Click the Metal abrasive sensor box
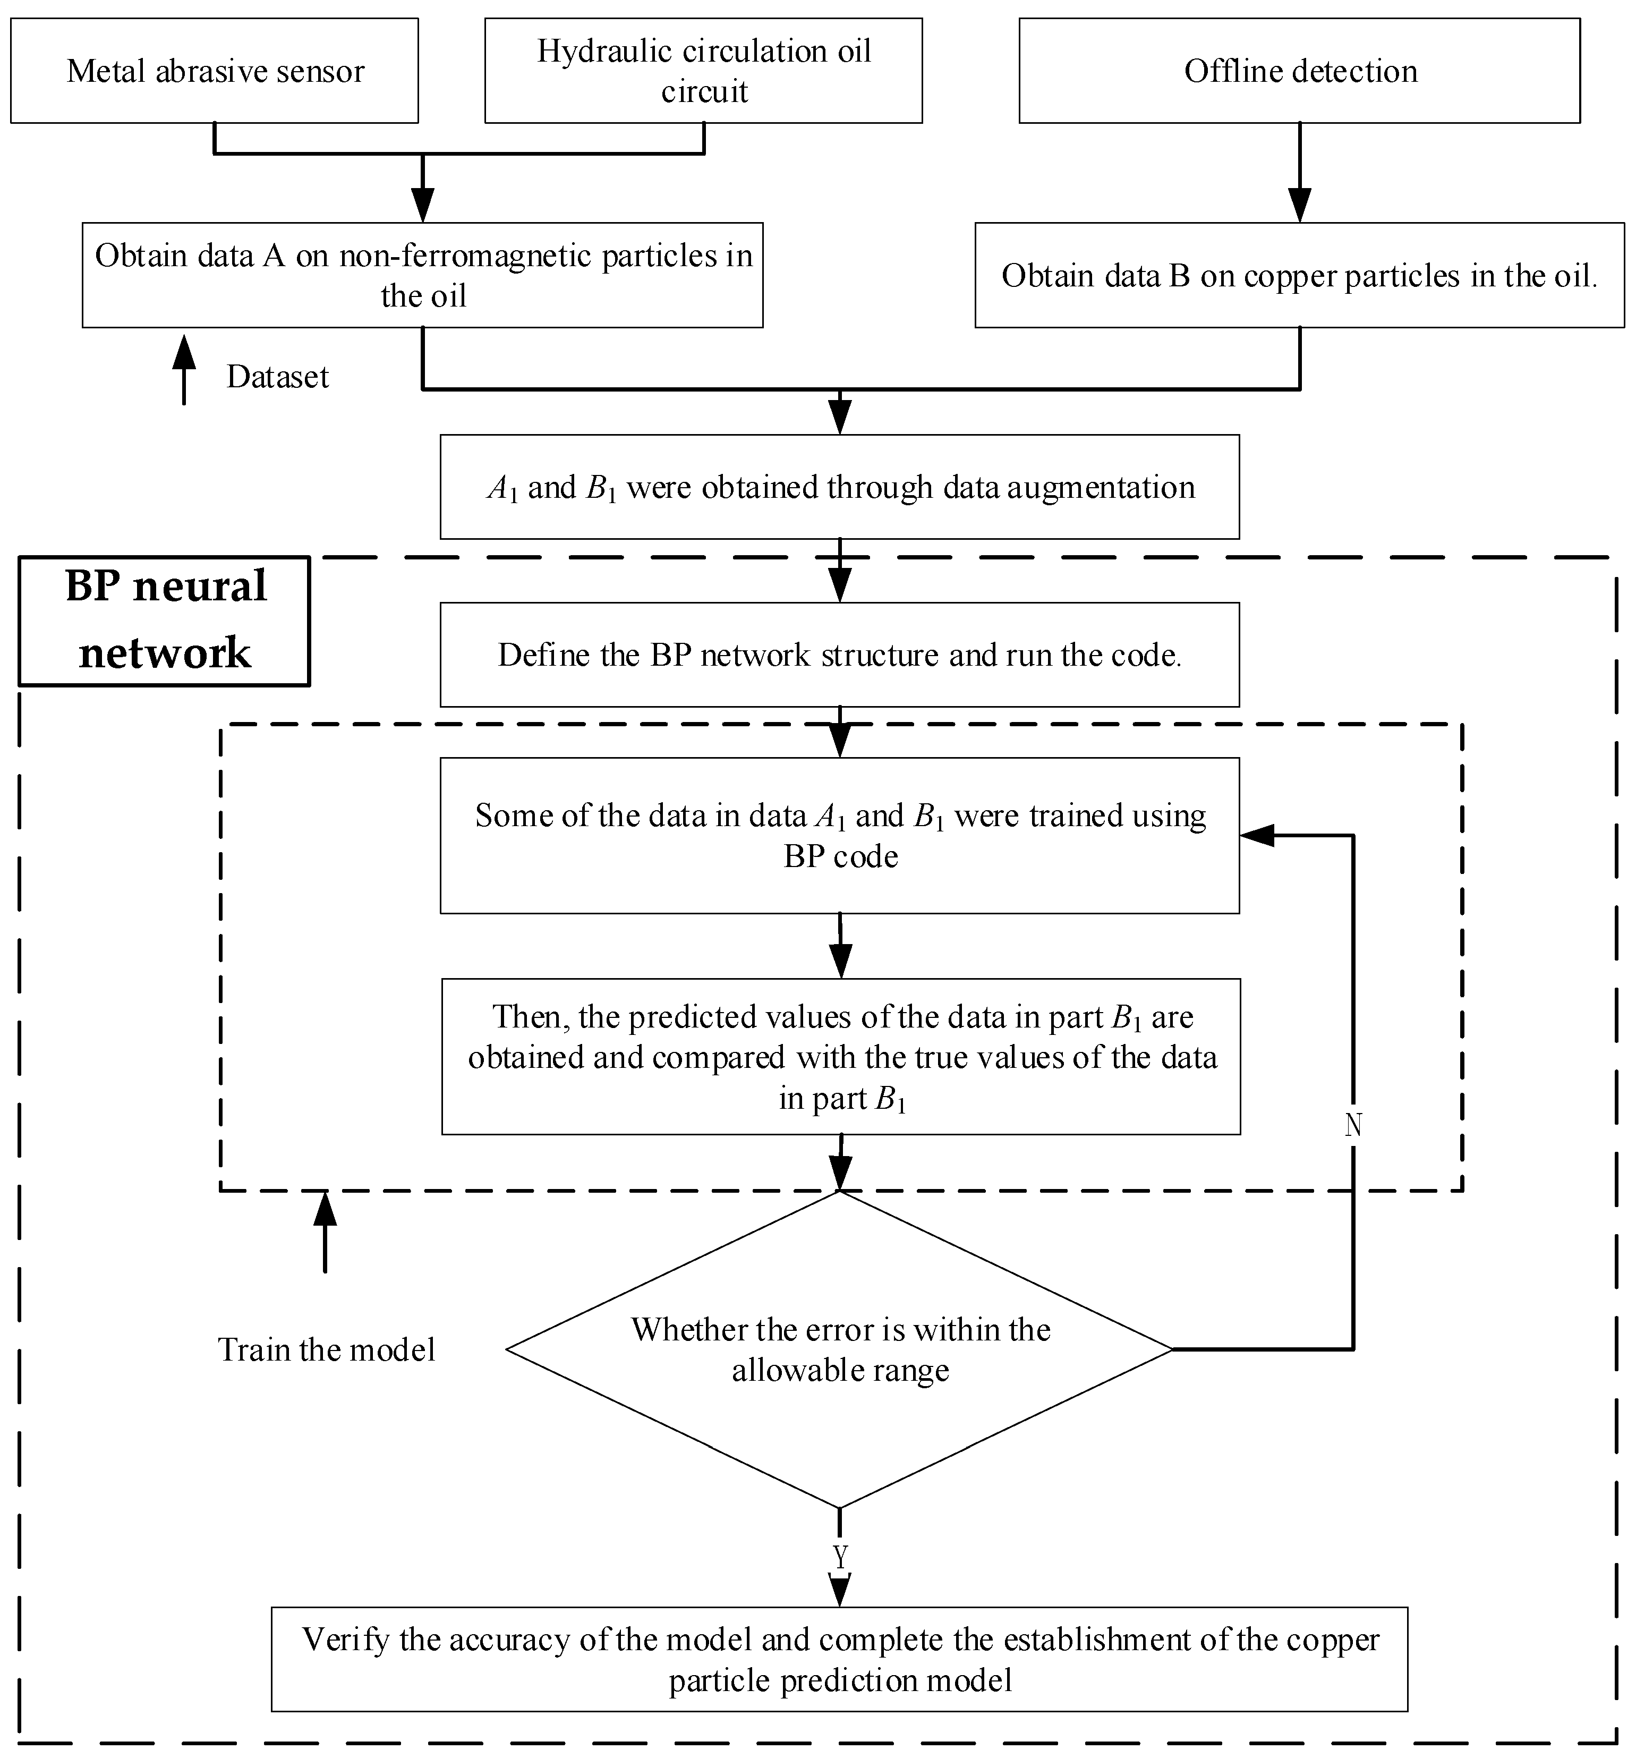tap(214, 71)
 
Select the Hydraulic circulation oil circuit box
tap(704, 71)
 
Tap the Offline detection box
tap(1300, 71)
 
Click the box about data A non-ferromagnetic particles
tap(423, 275)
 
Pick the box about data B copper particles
tap(1300, 275)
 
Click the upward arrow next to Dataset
tap(184, 370)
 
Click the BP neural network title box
tap(165, 621)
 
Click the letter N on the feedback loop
tap(1353, 1125)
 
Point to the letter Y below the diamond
tap(840, 1556)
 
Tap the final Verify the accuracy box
tap(839, 1660)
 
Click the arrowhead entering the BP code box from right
tap(1257, 835)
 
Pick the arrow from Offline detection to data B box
tap(1300, 173)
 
